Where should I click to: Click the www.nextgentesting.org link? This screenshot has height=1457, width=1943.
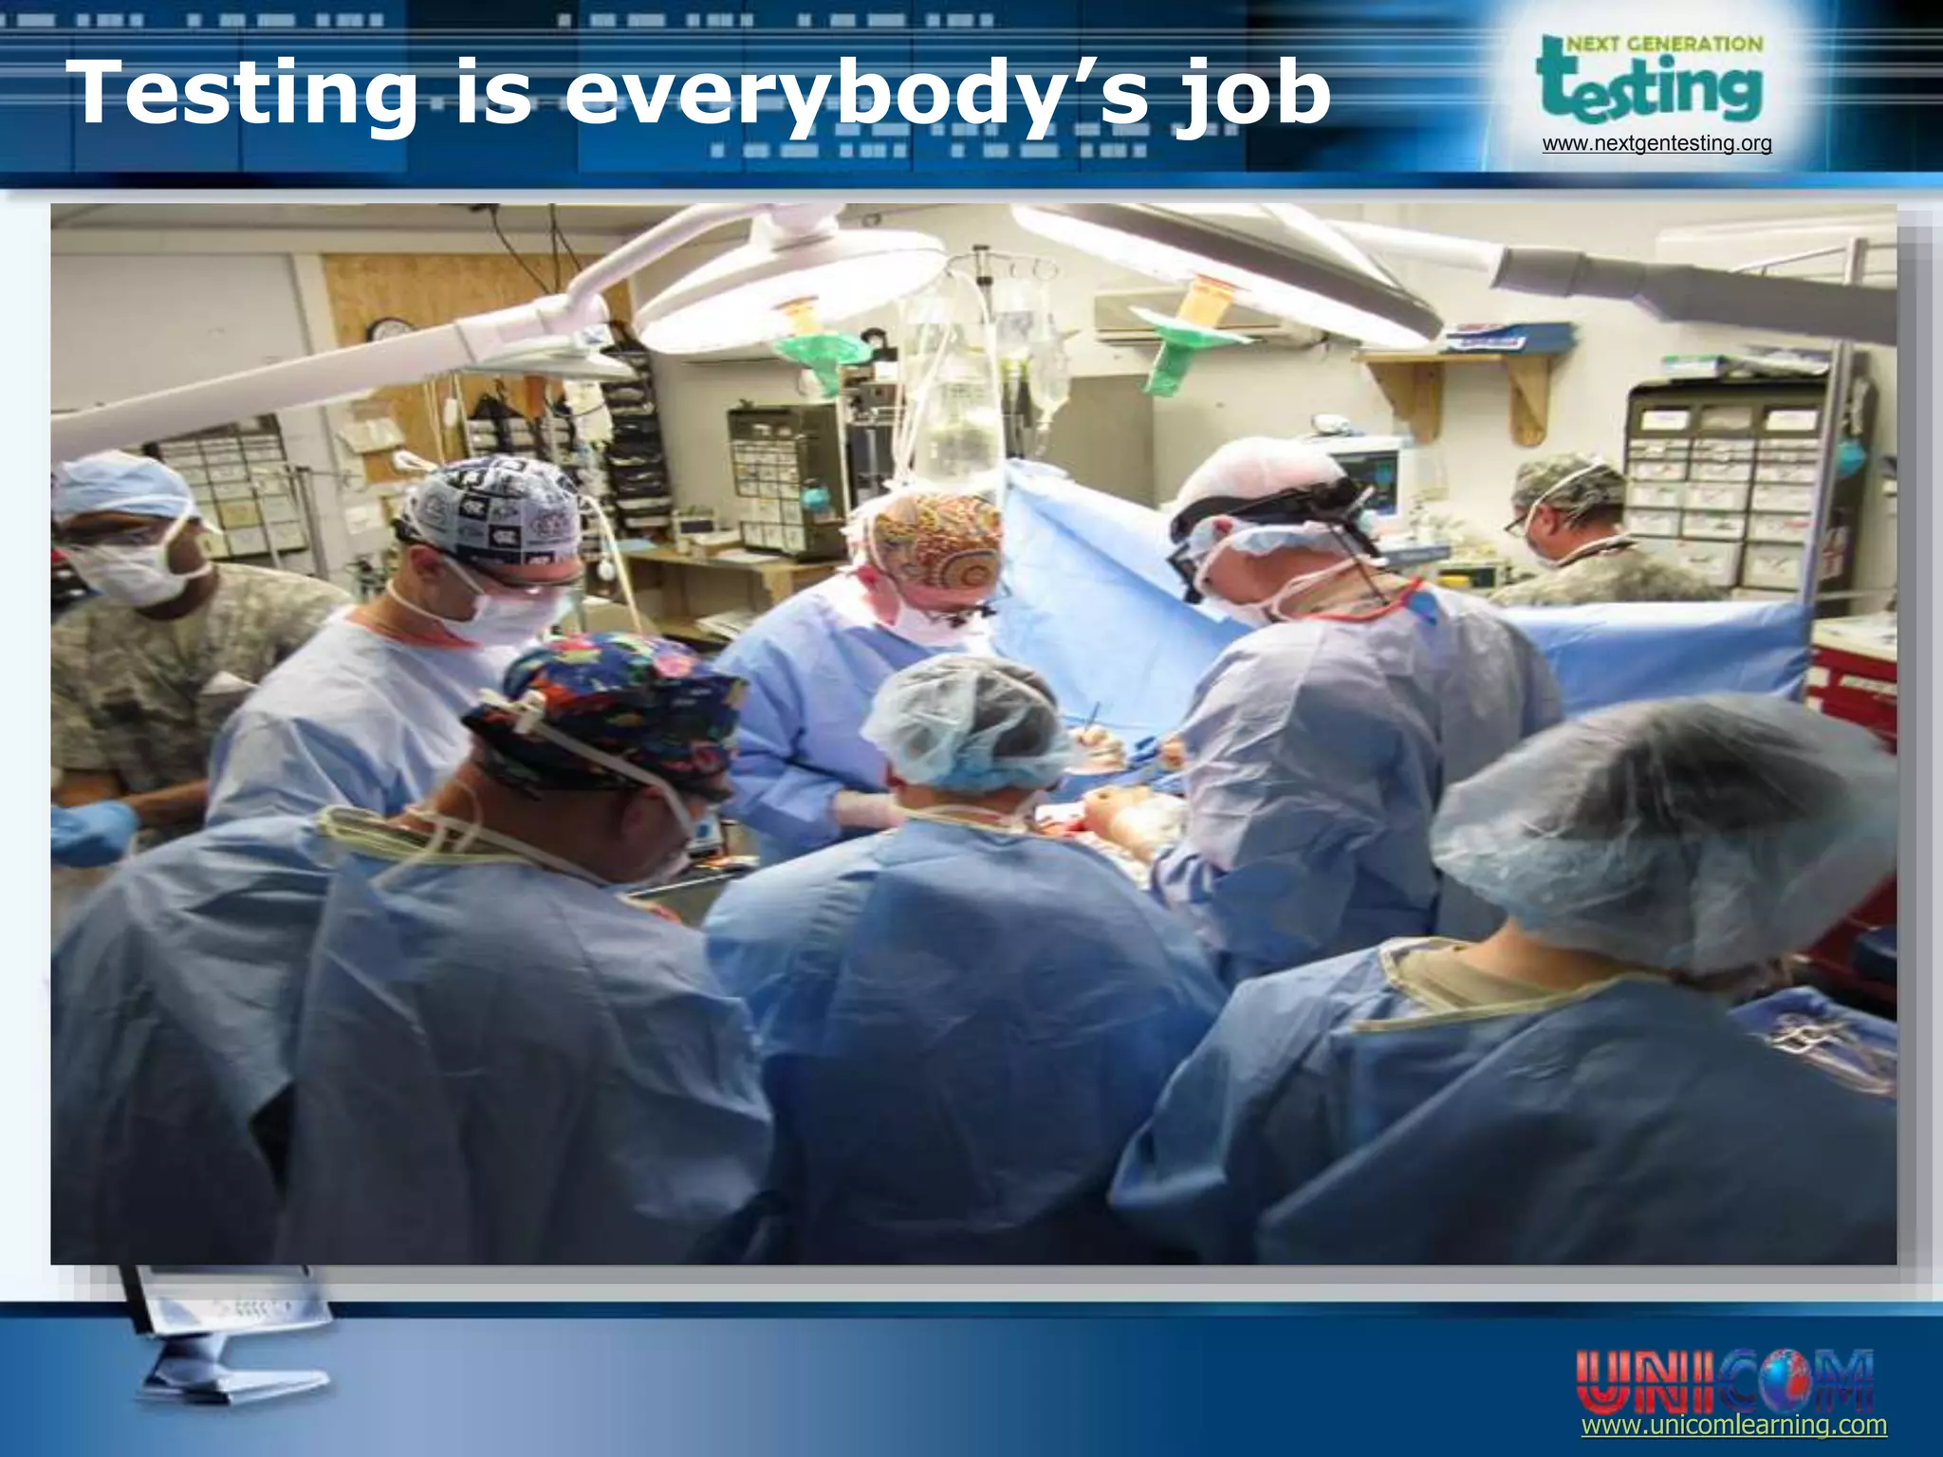[1656, 144]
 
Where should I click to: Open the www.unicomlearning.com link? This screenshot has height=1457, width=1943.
[1733, 1426]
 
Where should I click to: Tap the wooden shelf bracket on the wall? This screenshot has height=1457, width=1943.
[1527, 398]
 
